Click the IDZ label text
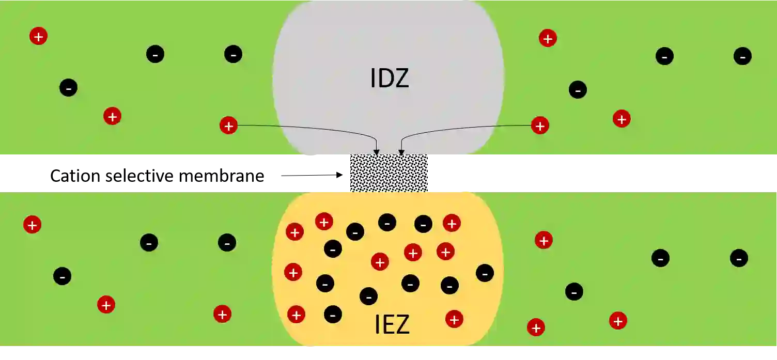point(390,78)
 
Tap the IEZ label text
point(392,324)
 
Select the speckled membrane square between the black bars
point(389,173)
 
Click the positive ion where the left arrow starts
point(228,126)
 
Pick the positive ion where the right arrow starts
point(540,126)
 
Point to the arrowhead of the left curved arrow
point(377,153)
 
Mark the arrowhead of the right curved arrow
point(401,153)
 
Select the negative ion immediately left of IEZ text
point(333,314)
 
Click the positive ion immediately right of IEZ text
point(454,319)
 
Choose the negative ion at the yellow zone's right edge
point(485,273)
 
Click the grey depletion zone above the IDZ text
point(387,31)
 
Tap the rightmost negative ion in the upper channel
point(742,56)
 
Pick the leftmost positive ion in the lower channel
point(32,225)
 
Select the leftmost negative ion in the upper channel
point(69,87)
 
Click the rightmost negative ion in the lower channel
point(739,258)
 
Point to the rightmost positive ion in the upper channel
point(621,119)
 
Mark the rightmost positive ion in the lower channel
point(618,321)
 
